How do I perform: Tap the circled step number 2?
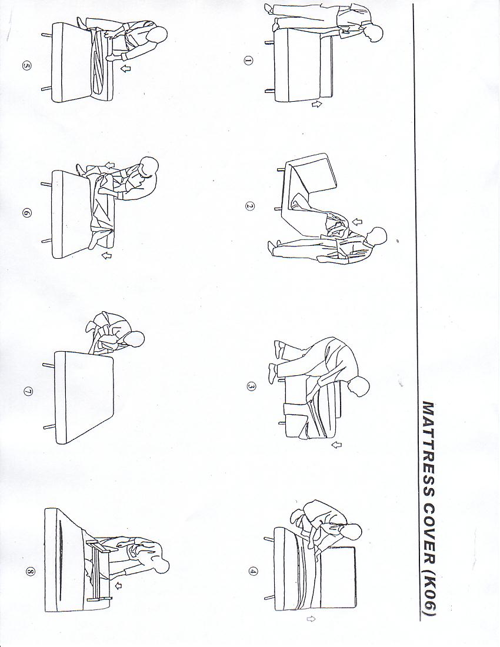pos(249,206)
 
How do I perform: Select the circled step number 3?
pos(251,386)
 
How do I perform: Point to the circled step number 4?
pos(253,572)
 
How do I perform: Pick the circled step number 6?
pos(27,214)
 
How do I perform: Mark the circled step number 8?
pos(30,572)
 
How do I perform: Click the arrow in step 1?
pos(316,105)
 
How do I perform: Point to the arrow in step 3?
pos(336,445)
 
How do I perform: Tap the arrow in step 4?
pos(311,619)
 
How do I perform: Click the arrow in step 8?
pos(119,585)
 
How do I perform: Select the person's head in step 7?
pos(135,339)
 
